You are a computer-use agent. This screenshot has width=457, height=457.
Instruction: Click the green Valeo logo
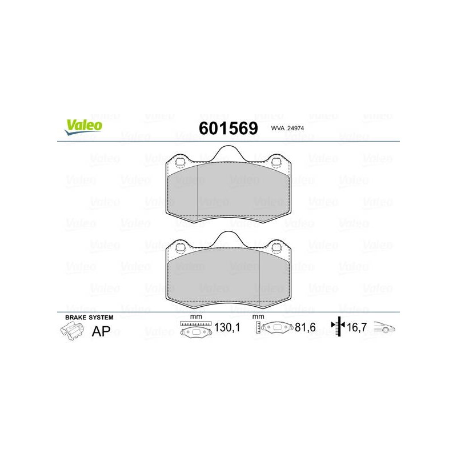[x=83, y=127]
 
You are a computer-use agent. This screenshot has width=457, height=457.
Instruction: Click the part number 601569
[x=228, y=128]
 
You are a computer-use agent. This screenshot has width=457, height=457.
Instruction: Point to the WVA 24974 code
[x=287, y=128]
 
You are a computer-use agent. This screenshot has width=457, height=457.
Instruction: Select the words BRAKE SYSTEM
[x=89, y=318]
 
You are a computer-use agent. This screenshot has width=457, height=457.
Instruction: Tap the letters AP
[x=101, y=331]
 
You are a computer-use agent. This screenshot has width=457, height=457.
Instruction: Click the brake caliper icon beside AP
[x=73, y=331]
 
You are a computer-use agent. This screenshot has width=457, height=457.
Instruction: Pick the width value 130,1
[x=227, y=327]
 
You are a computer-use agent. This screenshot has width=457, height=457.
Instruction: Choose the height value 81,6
[x=305, y=327]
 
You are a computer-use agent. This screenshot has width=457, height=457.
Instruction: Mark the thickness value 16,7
[x=356, y=327]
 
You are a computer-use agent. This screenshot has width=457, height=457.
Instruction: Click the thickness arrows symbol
[x=338, y=326]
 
